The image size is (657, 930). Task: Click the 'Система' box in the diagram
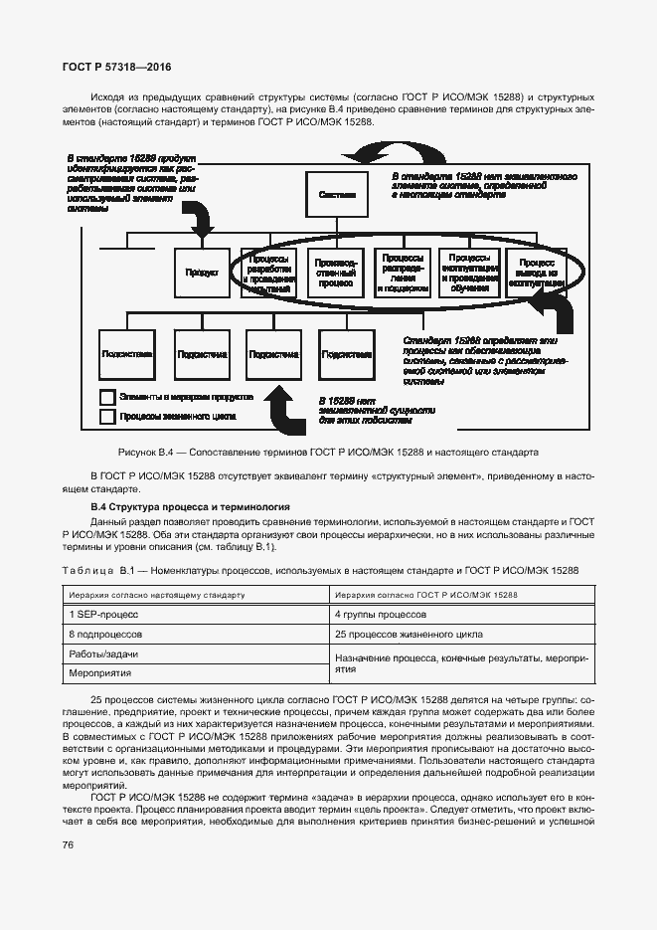[x=338, y=194]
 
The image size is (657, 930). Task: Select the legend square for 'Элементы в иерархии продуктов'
[x=107, y=396]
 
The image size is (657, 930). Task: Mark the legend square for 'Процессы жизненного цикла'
[x=107, y=417]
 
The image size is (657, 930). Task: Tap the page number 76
[x=69, y=845]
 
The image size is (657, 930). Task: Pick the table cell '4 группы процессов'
[x=367, y=614]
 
